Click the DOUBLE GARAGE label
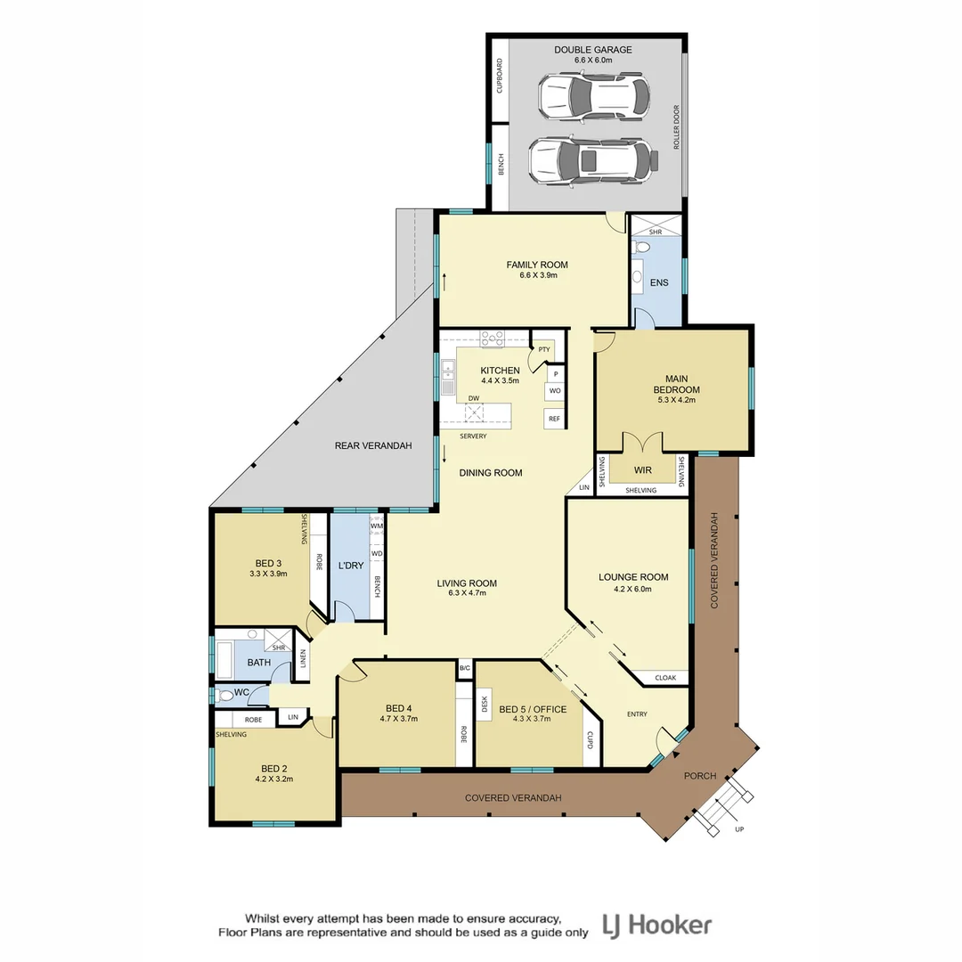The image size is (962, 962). (x=593, y=50)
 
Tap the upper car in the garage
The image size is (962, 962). (x=593, y=97)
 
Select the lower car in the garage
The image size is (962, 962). (x=593, y=161)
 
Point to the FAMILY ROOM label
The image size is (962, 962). (x=537, y=265)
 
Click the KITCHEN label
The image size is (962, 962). (x=500, y=370)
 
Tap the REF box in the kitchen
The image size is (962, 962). (x=554, y=419)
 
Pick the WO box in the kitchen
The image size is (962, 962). (x=554, y=391)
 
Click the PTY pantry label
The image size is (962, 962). (x=543, y=349)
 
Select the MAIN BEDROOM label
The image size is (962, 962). (x=676, y=384)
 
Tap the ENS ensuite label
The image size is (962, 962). (x=659, y=283)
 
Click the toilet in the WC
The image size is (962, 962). (x=226, y=694)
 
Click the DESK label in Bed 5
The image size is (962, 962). (x=485, y=705)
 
